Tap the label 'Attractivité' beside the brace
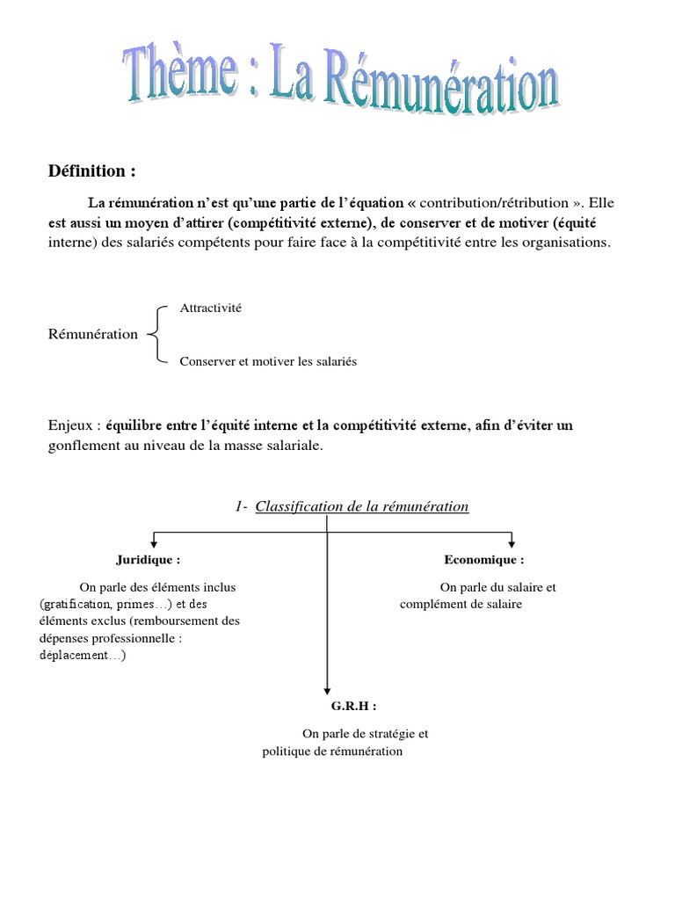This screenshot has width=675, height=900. coord(210,308)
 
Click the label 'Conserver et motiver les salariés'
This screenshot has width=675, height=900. coord(268,361)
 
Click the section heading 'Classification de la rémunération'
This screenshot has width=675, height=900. coord(362,506)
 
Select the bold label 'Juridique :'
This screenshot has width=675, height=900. coord(148,559)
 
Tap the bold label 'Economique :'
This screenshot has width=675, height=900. coord(484,559)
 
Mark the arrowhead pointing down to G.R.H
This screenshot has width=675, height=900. coord(327,691)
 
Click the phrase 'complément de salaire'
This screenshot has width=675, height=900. coord(461,605)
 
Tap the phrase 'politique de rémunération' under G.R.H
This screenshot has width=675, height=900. coord(332,751)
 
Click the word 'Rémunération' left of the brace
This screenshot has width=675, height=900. coord(92,335)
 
